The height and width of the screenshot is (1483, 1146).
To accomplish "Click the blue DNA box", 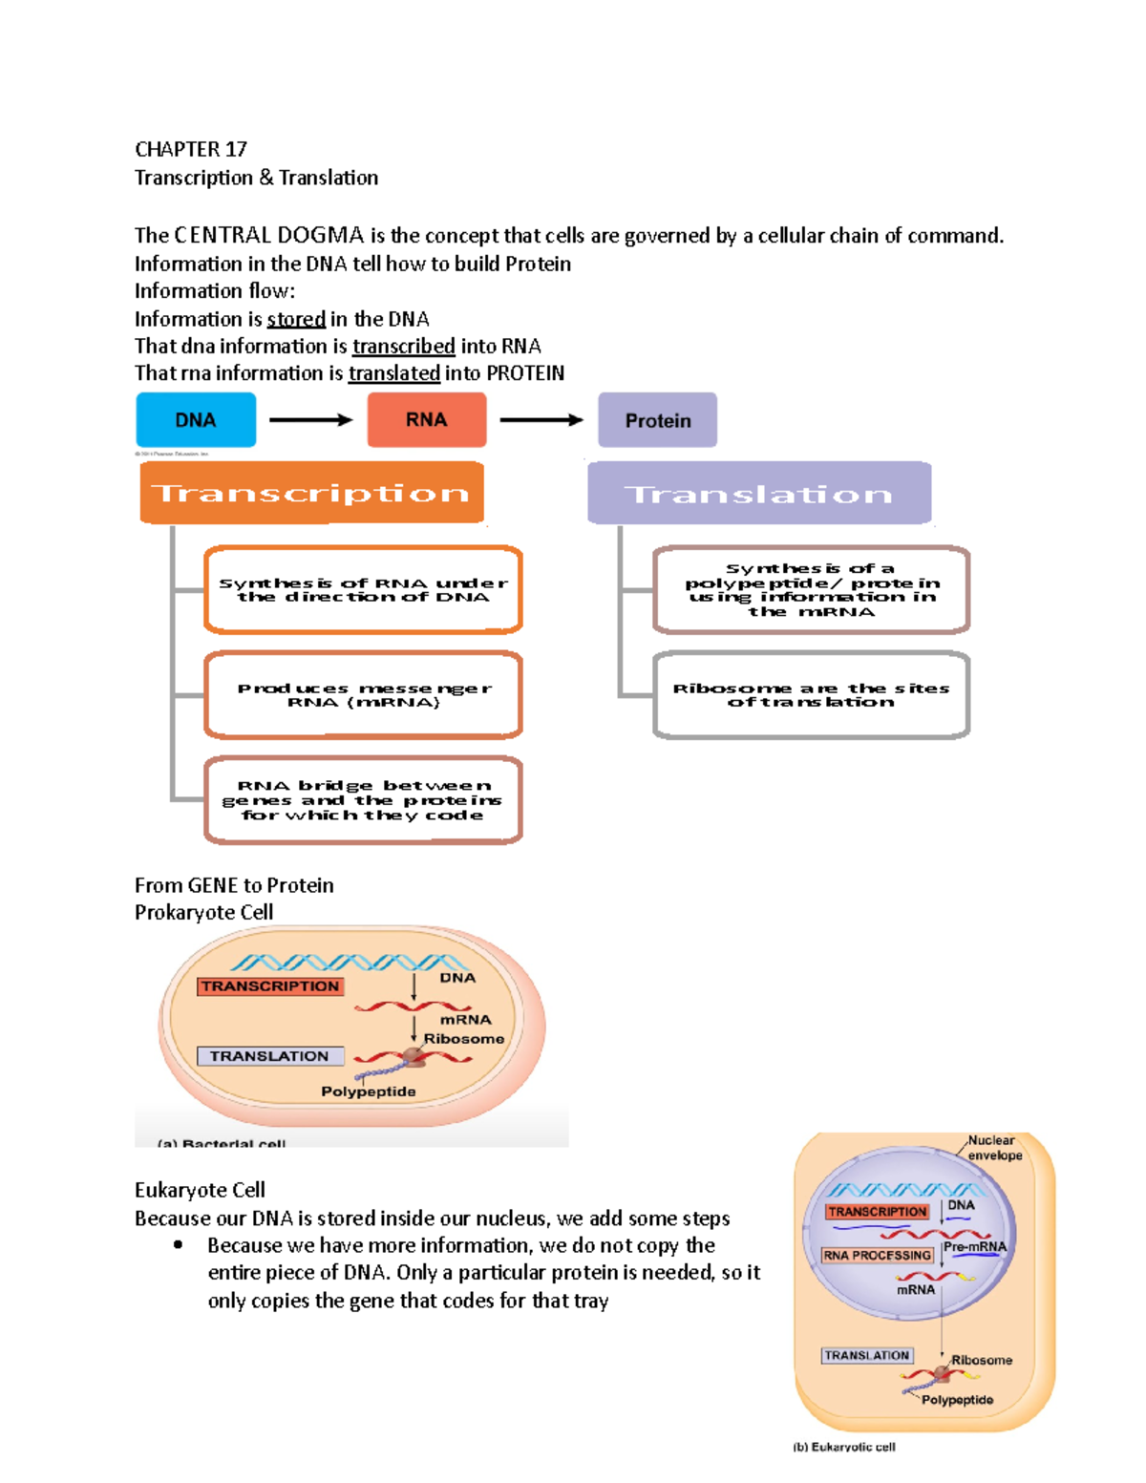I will (196, 420).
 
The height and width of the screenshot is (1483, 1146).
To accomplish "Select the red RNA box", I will (426, 420).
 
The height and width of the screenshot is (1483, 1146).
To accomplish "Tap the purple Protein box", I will (657, 420).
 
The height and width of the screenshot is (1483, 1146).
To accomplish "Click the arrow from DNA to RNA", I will (310, 420).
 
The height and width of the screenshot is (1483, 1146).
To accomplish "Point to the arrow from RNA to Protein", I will (541, 420).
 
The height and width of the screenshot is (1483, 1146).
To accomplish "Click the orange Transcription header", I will (311, 493).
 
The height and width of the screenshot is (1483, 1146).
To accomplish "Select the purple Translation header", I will (759, 494).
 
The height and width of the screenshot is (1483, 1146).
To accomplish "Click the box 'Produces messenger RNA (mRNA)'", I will (363, 695).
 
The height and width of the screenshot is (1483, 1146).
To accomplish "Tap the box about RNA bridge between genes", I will (363, 800).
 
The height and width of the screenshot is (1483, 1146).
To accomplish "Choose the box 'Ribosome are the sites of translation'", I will (811, 695).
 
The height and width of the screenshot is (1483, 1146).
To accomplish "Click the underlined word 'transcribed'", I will (403, 347).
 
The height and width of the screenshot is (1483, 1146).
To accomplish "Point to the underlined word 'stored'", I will (296, 320).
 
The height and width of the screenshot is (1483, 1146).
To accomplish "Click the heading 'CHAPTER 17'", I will (191, 150).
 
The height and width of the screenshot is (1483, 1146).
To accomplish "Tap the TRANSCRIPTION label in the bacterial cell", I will (270, 986).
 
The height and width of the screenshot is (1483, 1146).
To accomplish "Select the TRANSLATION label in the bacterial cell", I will (269, 1056).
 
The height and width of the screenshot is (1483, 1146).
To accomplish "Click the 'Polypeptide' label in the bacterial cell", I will (369, 1091).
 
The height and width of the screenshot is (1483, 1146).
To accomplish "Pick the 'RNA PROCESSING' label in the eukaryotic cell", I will (877, 1255).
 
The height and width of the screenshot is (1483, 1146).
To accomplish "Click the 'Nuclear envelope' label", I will (994, 1148).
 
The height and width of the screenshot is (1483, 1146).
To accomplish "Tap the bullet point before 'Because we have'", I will (178, 1245).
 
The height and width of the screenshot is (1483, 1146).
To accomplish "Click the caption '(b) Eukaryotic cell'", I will (844, 1447).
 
